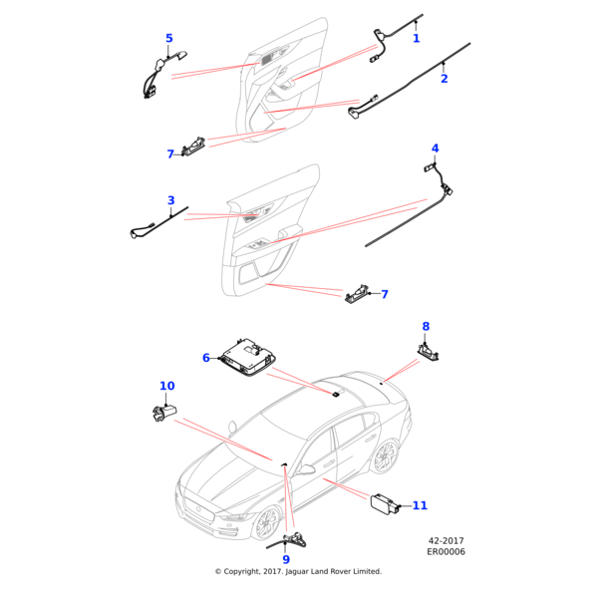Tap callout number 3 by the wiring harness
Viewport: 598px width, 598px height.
coord(171,201)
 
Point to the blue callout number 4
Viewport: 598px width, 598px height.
coord(435,149)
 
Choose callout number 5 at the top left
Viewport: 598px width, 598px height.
coord(169,39)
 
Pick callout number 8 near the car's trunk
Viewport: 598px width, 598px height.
coord(426,326)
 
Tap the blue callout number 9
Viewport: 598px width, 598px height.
coord(286,560)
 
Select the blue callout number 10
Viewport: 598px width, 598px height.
coord(166,386)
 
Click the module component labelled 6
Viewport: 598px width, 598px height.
coord(248,354)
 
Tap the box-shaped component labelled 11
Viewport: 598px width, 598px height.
coord(384,504)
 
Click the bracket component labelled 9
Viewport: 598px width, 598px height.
coord(295,541)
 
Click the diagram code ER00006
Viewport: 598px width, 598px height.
coord(446,551)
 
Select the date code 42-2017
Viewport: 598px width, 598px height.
coord(447,540)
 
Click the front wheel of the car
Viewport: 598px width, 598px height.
coord(267,523)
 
